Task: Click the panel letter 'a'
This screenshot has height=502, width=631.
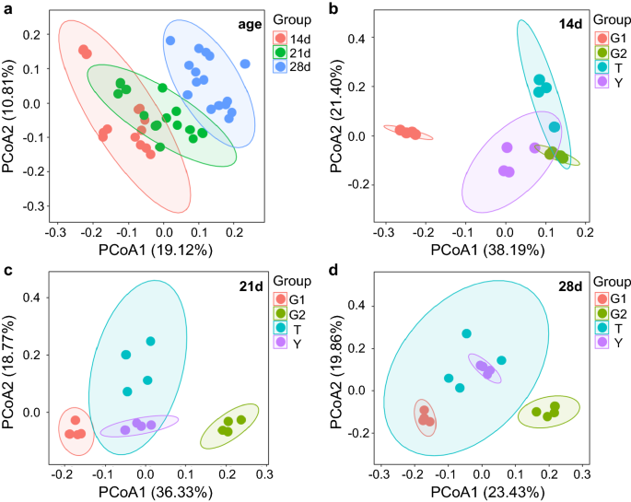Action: (x=7, y=9)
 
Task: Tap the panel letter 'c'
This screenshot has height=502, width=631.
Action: (x=7, y=269)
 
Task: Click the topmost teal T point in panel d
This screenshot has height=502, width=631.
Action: (x=466, y=333)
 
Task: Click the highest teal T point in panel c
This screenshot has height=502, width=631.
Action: (x=150, y=341)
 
